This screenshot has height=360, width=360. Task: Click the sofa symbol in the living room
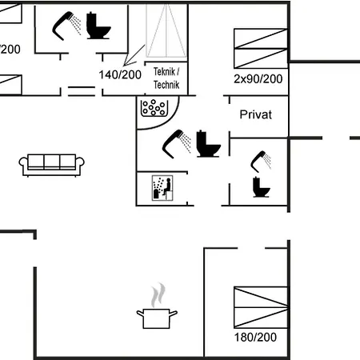coord(52,165)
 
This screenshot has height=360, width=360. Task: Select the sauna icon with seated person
coord(162,188)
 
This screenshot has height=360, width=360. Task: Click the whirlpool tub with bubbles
coord(154,108)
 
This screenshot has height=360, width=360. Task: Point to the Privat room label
coord(256,114)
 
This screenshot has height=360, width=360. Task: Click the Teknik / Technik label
coord(166,78)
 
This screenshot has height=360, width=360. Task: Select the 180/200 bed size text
coord(255,338)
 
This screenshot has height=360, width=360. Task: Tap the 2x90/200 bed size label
coord(258,79)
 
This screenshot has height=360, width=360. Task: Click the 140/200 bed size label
coord(120,74)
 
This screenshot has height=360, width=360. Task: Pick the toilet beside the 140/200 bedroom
coord(98,26)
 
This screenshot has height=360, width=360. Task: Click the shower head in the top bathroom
coord(66,26)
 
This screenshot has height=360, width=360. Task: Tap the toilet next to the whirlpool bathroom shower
coord(208,144)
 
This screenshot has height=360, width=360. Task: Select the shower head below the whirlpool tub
coord(177,144)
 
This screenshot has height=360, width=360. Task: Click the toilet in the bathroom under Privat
coord(261,187)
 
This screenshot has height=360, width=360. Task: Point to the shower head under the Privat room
coord(261,162)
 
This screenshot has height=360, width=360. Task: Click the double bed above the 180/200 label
coord(261,307)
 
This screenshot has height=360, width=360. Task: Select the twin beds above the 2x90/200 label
coord(261,48)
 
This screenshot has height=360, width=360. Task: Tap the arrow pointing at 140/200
coord(134,55)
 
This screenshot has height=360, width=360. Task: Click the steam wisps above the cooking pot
coord(158,295)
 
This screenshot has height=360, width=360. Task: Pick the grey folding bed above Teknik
coord(166,30)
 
